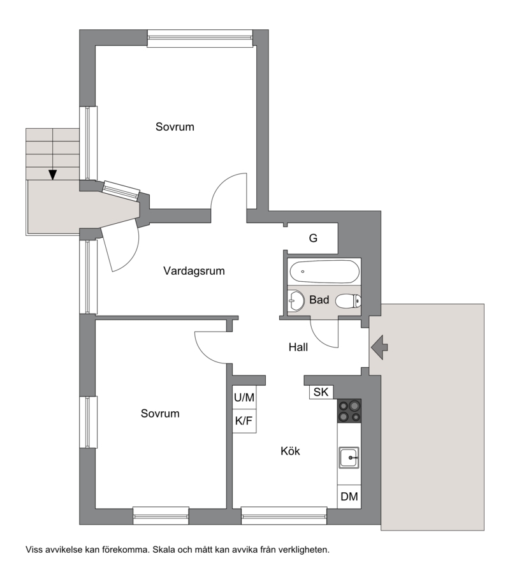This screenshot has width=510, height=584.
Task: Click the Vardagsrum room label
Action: tap(194, 271)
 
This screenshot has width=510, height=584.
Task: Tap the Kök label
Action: tap(290, 451)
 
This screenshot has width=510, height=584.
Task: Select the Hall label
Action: tap(298, 347)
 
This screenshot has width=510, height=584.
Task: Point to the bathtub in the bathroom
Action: tap(324, 272)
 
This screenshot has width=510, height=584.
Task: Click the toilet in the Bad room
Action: tap(348, 301)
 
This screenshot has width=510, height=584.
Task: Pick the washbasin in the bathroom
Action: tap(296, 300)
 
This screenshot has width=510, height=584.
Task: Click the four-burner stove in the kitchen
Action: tap(349, 411)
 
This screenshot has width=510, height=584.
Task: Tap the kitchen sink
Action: tap(349, 457)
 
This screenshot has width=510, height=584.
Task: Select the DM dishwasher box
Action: tap(349, 497)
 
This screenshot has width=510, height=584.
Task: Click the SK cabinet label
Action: tap(321, 392)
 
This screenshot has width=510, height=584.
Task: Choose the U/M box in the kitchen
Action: tap(244, 397)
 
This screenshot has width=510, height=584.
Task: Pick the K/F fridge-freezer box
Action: tap(244, 421)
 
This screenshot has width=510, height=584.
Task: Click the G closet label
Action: tap(313, 238)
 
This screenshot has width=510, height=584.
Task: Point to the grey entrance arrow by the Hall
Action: tap(379, 347)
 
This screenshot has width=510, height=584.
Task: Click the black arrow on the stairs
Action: tap(53, 175)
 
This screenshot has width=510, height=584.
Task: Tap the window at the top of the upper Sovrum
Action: tap(200, 38)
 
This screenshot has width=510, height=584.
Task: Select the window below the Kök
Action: tap(284, 516)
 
